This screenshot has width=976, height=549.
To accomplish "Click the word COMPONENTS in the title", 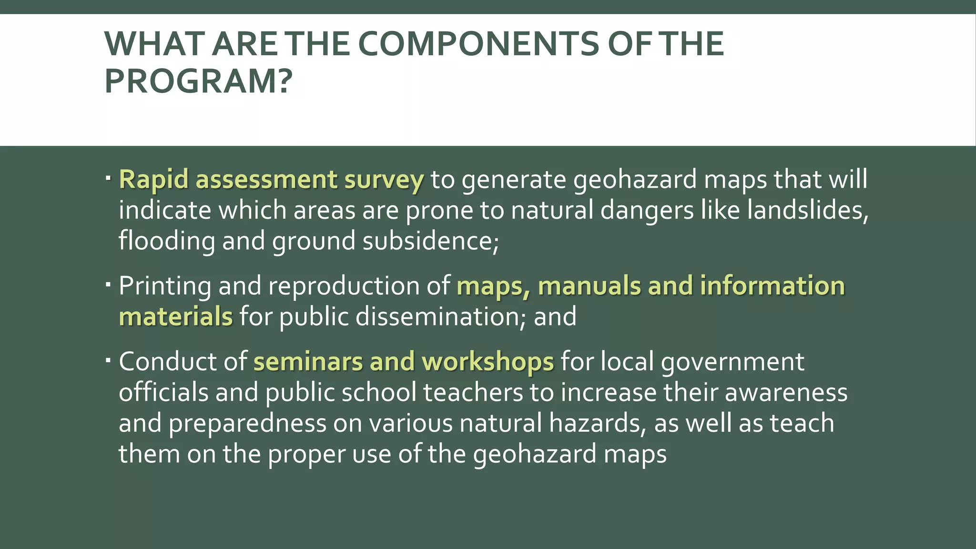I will click(x=478, y=44).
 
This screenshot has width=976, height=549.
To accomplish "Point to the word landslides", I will click(x=807, y=210).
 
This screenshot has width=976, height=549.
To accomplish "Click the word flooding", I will click(x=167, y=241).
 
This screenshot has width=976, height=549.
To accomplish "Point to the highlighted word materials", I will click(x=175, y=317).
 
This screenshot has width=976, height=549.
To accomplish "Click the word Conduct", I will click(x=167, y=362).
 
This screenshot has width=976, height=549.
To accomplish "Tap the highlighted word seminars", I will click(x=308, y=362).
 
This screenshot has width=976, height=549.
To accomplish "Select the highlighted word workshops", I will click(x=488, y=363).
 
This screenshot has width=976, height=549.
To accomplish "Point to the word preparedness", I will click(x=247, y=424).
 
